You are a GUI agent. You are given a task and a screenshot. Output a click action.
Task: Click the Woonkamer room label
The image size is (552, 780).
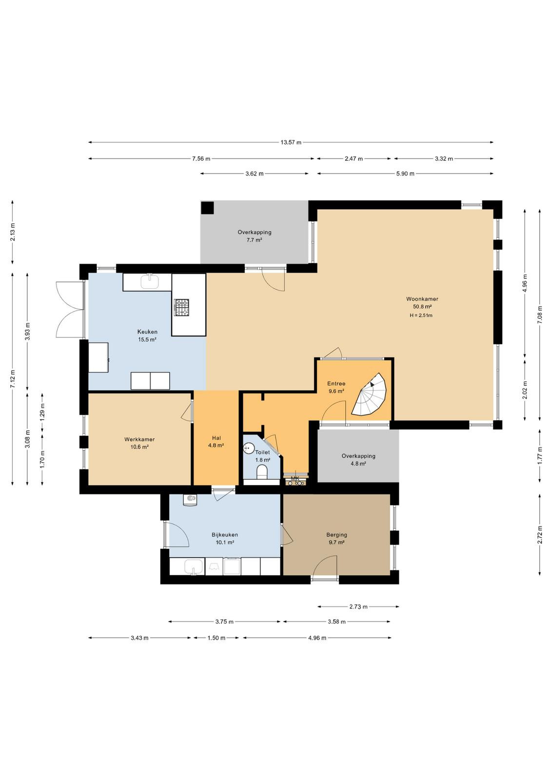[x=422, y=299]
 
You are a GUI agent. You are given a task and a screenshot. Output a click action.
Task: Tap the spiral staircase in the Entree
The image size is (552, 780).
[x=369, y=394]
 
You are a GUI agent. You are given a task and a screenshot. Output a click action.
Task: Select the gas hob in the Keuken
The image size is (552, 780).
[x=181, y=308]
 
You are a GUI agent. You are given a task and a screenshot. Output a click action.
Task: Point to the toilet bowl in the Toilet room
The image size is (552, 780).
[x=261, y=472]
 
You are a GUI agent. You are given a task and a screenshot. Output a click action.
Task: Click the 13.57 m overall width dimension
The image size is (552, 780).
[x=291, y=142]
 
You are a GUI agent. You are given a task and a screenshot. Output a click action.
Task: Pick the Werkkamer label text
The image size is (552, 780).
[x=139, y=439]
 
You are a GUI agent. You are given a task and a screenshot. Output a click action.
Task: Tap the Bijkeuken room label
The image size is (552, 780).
[x=225, y=535]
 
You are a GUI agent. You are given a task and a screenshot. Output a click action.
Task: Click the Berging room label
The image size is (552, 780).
[x=336, y=535]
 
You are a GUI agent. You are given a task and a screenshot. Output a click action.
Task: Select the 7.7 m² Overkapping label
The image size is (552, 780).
[x=254, y=236]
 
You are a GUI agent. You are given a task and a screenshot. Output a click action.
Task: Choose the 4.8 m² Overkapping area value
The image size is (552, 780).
[x=358, y=464]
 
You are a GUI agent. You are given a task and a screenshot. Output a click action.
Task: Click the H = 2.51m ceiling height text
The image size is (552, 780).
[x=421, y=315]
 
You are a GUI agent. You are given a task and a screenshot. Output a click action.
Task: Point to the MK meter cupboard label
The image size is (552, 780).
[x=295, y=479]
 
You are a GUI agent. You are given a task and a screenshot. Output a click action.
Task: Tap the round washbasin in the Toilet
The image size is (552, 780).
[x=249, y=448]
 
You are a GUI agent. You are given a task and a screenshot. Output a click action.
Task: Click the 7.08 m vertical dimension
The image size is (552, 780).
[x=540, y=314]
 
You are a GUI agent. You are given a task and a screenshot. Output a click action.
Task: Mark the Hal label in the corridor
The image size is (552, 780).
[x=217, y=438]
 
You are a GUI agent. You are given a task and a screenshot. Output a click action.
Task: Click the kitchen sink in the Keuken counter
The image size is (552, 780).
[x=150, y=281]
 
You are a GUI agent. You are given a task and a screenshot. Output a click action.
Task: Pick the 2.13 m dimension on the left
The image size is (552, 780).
[x=13, y=232]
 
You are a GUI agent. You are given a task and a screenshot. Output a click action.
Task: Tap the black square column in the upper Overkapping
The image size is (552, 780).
[x=208, y=208]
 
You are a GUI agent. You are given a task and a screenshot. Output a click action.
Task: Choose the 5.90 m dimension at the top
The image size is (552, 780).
[x=405, y=174]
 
